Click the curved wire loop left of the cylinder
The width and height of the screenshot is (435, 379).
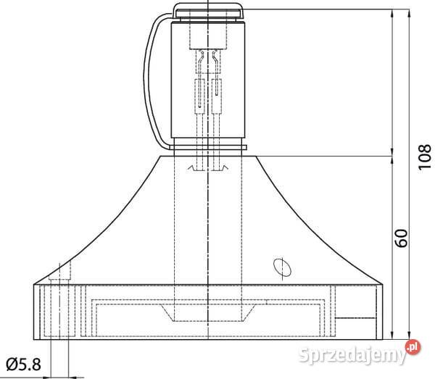click(x=154, y=80)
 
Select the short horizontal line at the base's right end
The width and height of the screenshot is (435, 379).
click(x=358, y=317)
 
